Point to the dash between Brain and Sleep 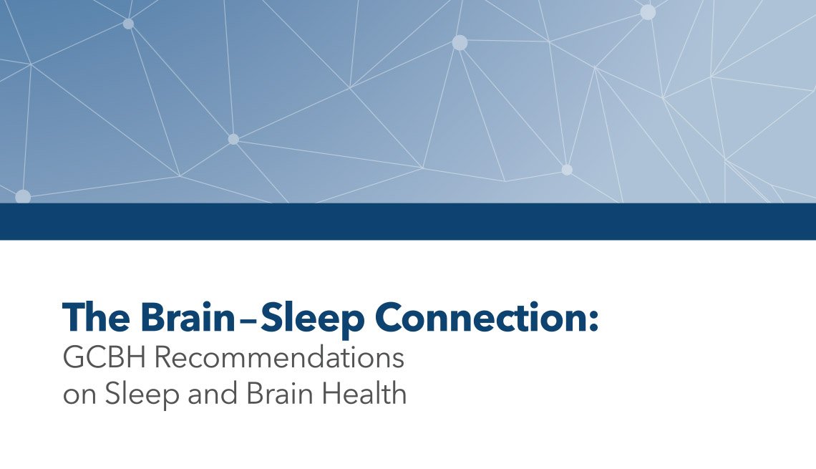point(248,319)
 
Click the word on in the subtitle point(79,394)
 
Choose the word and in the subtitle point(211,394)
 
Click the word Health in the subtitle point(365,394)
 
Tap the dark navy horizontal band point(408,221)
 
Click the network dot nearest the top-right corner point(648,12)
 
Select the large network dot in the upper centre point(460,43)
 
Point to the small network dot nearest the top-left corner point(128,24)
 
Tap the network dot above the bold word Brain point(233,139)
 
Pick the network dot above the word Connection point(567,170)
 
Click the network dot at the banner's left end point(22,196)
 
